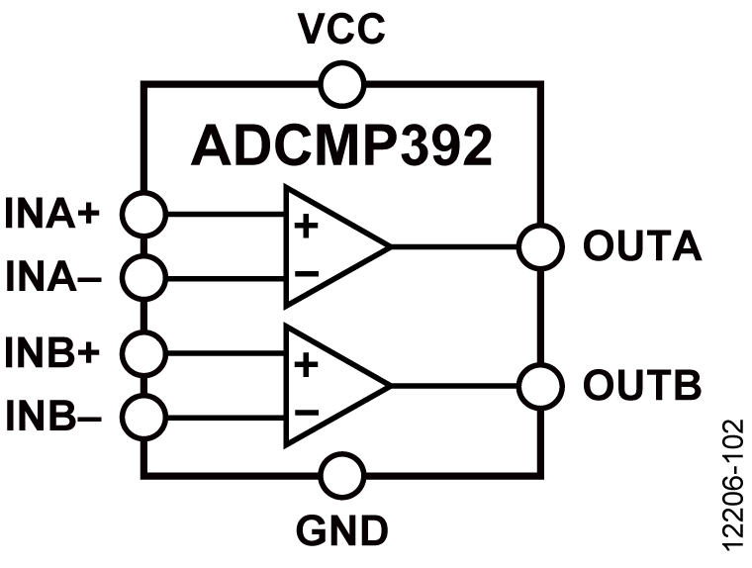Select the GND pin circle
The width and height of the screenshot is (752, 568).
344,475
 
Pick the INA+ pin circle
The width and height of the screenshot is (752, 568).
144,212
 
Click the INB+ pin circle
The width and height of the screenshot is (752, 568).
144,350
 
